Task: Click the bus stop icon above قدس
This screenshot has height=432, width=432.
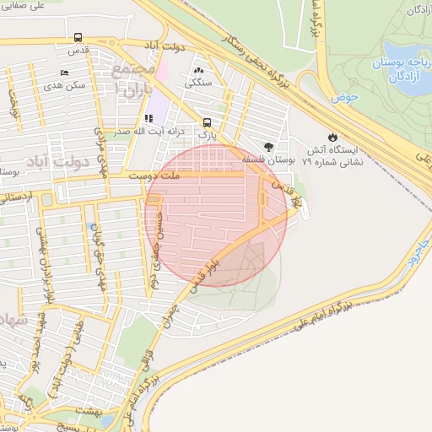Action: (x=78, y=37)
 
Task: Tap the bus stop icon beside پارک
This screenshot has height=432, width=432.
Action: (x=208, y=121)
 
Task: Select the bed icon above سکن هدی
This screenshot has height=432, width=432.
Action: (x=66, y=73)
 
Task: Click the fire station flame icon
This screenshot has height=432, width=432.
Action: (x=332, y=135)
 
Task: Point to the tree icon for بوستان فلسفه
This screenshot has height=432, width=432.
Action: (x=268, y=146)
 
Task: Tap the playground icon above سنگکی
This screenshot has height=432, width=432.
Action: (x=199, y=71)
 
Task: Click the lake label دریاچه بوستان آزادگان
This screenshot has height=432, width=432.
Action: (x=402, y=70)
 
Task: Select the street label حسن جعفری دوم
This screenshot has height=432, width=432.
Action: (x=154, y=251)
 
